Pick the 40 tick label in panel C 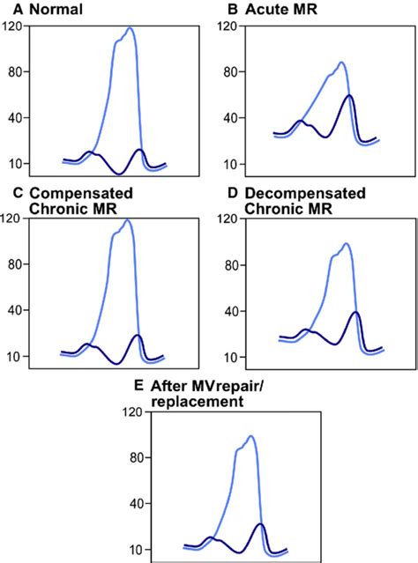tap(15, 311)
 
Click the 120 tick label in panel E tap(135, 411)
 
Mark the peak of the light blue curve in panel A tap(131, 28)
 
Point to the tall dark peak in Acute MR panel tap(350, 95)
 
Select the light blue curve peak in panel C tap(129, 220)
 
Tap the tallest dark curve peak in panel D tap(355, 312)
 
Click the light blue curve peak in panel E tap(252, 436)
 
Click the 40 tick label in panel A tap(15, 118)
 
